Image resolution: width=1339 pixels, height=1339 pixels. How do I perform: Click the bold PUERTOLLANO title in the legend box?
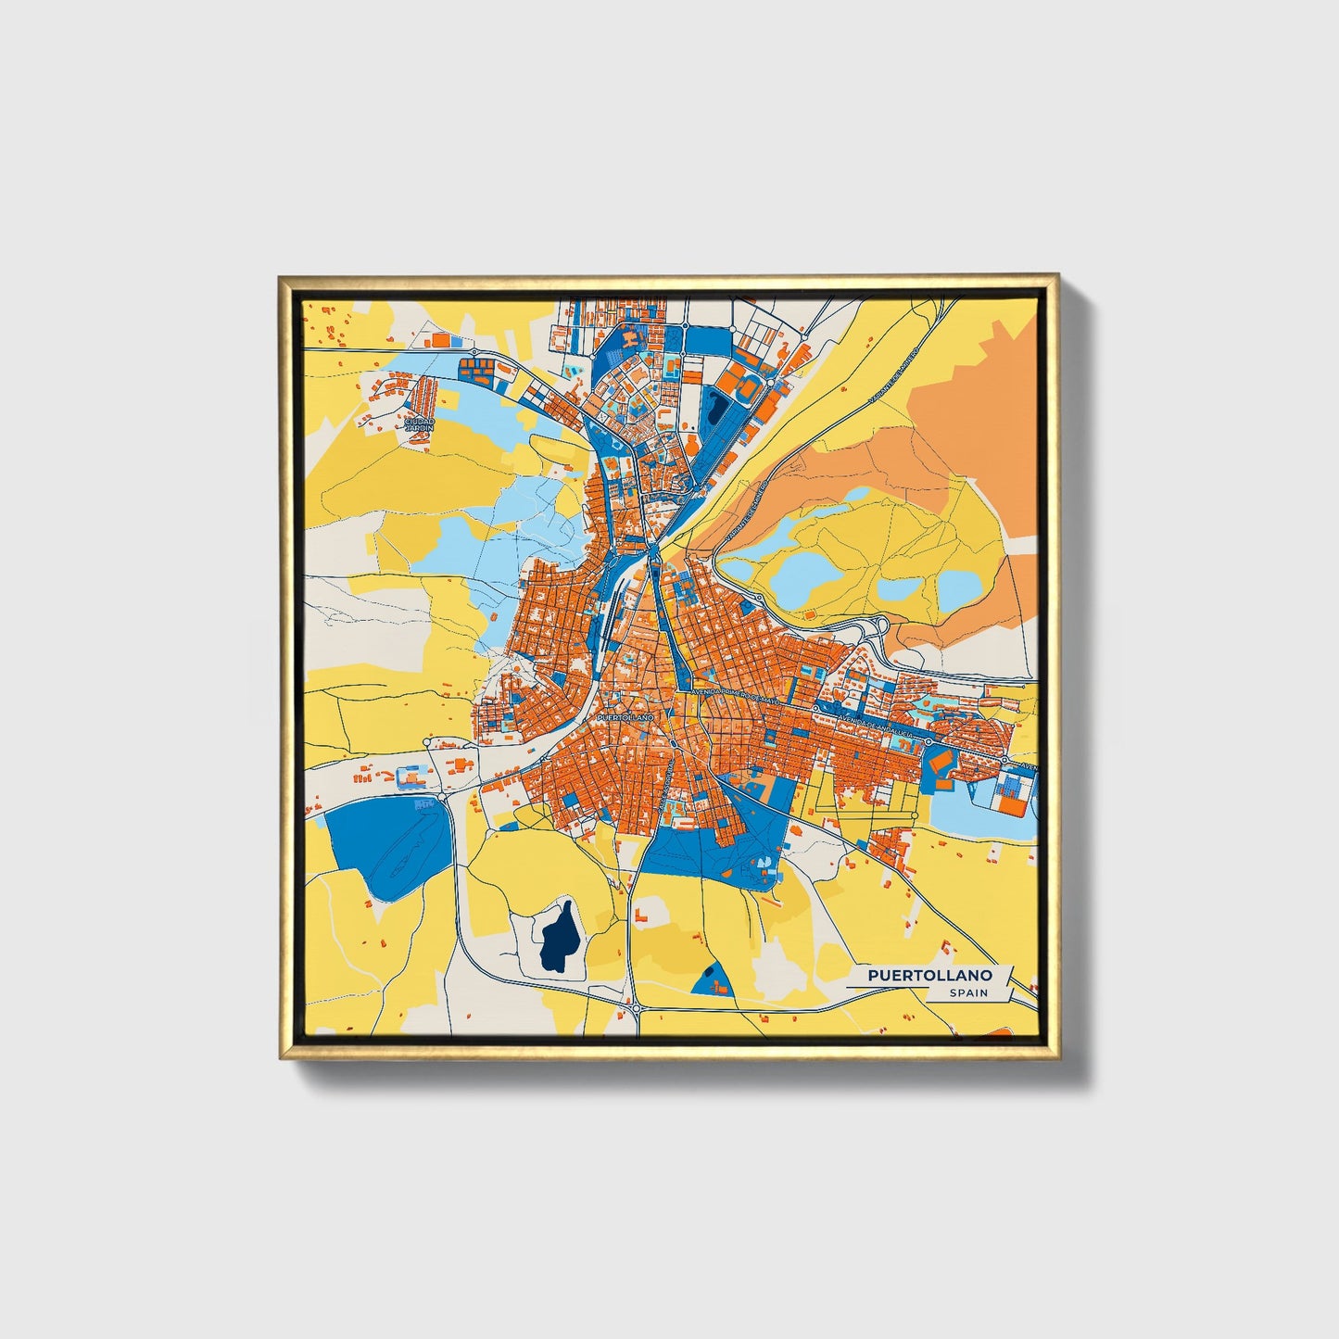(930, 976)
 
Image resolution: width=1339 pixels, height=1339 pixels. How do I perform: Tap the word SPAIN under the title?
(967, 993)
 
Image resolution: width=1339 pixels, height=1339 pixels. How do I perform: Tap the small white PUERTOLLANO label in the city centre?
(625, 717)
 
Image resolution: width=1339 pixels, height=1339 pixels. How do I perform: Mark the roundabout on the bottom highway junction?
(637, 1007)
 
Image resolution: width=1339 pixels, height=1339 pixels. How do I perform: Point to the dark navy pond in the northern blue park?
(715, 409)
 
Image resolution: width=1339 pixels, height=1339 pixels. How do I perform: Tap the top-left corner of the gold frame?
(281, 277)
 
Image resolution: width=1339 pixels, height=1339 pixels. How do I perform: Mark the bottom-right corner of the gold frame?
(1057, 1057)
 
